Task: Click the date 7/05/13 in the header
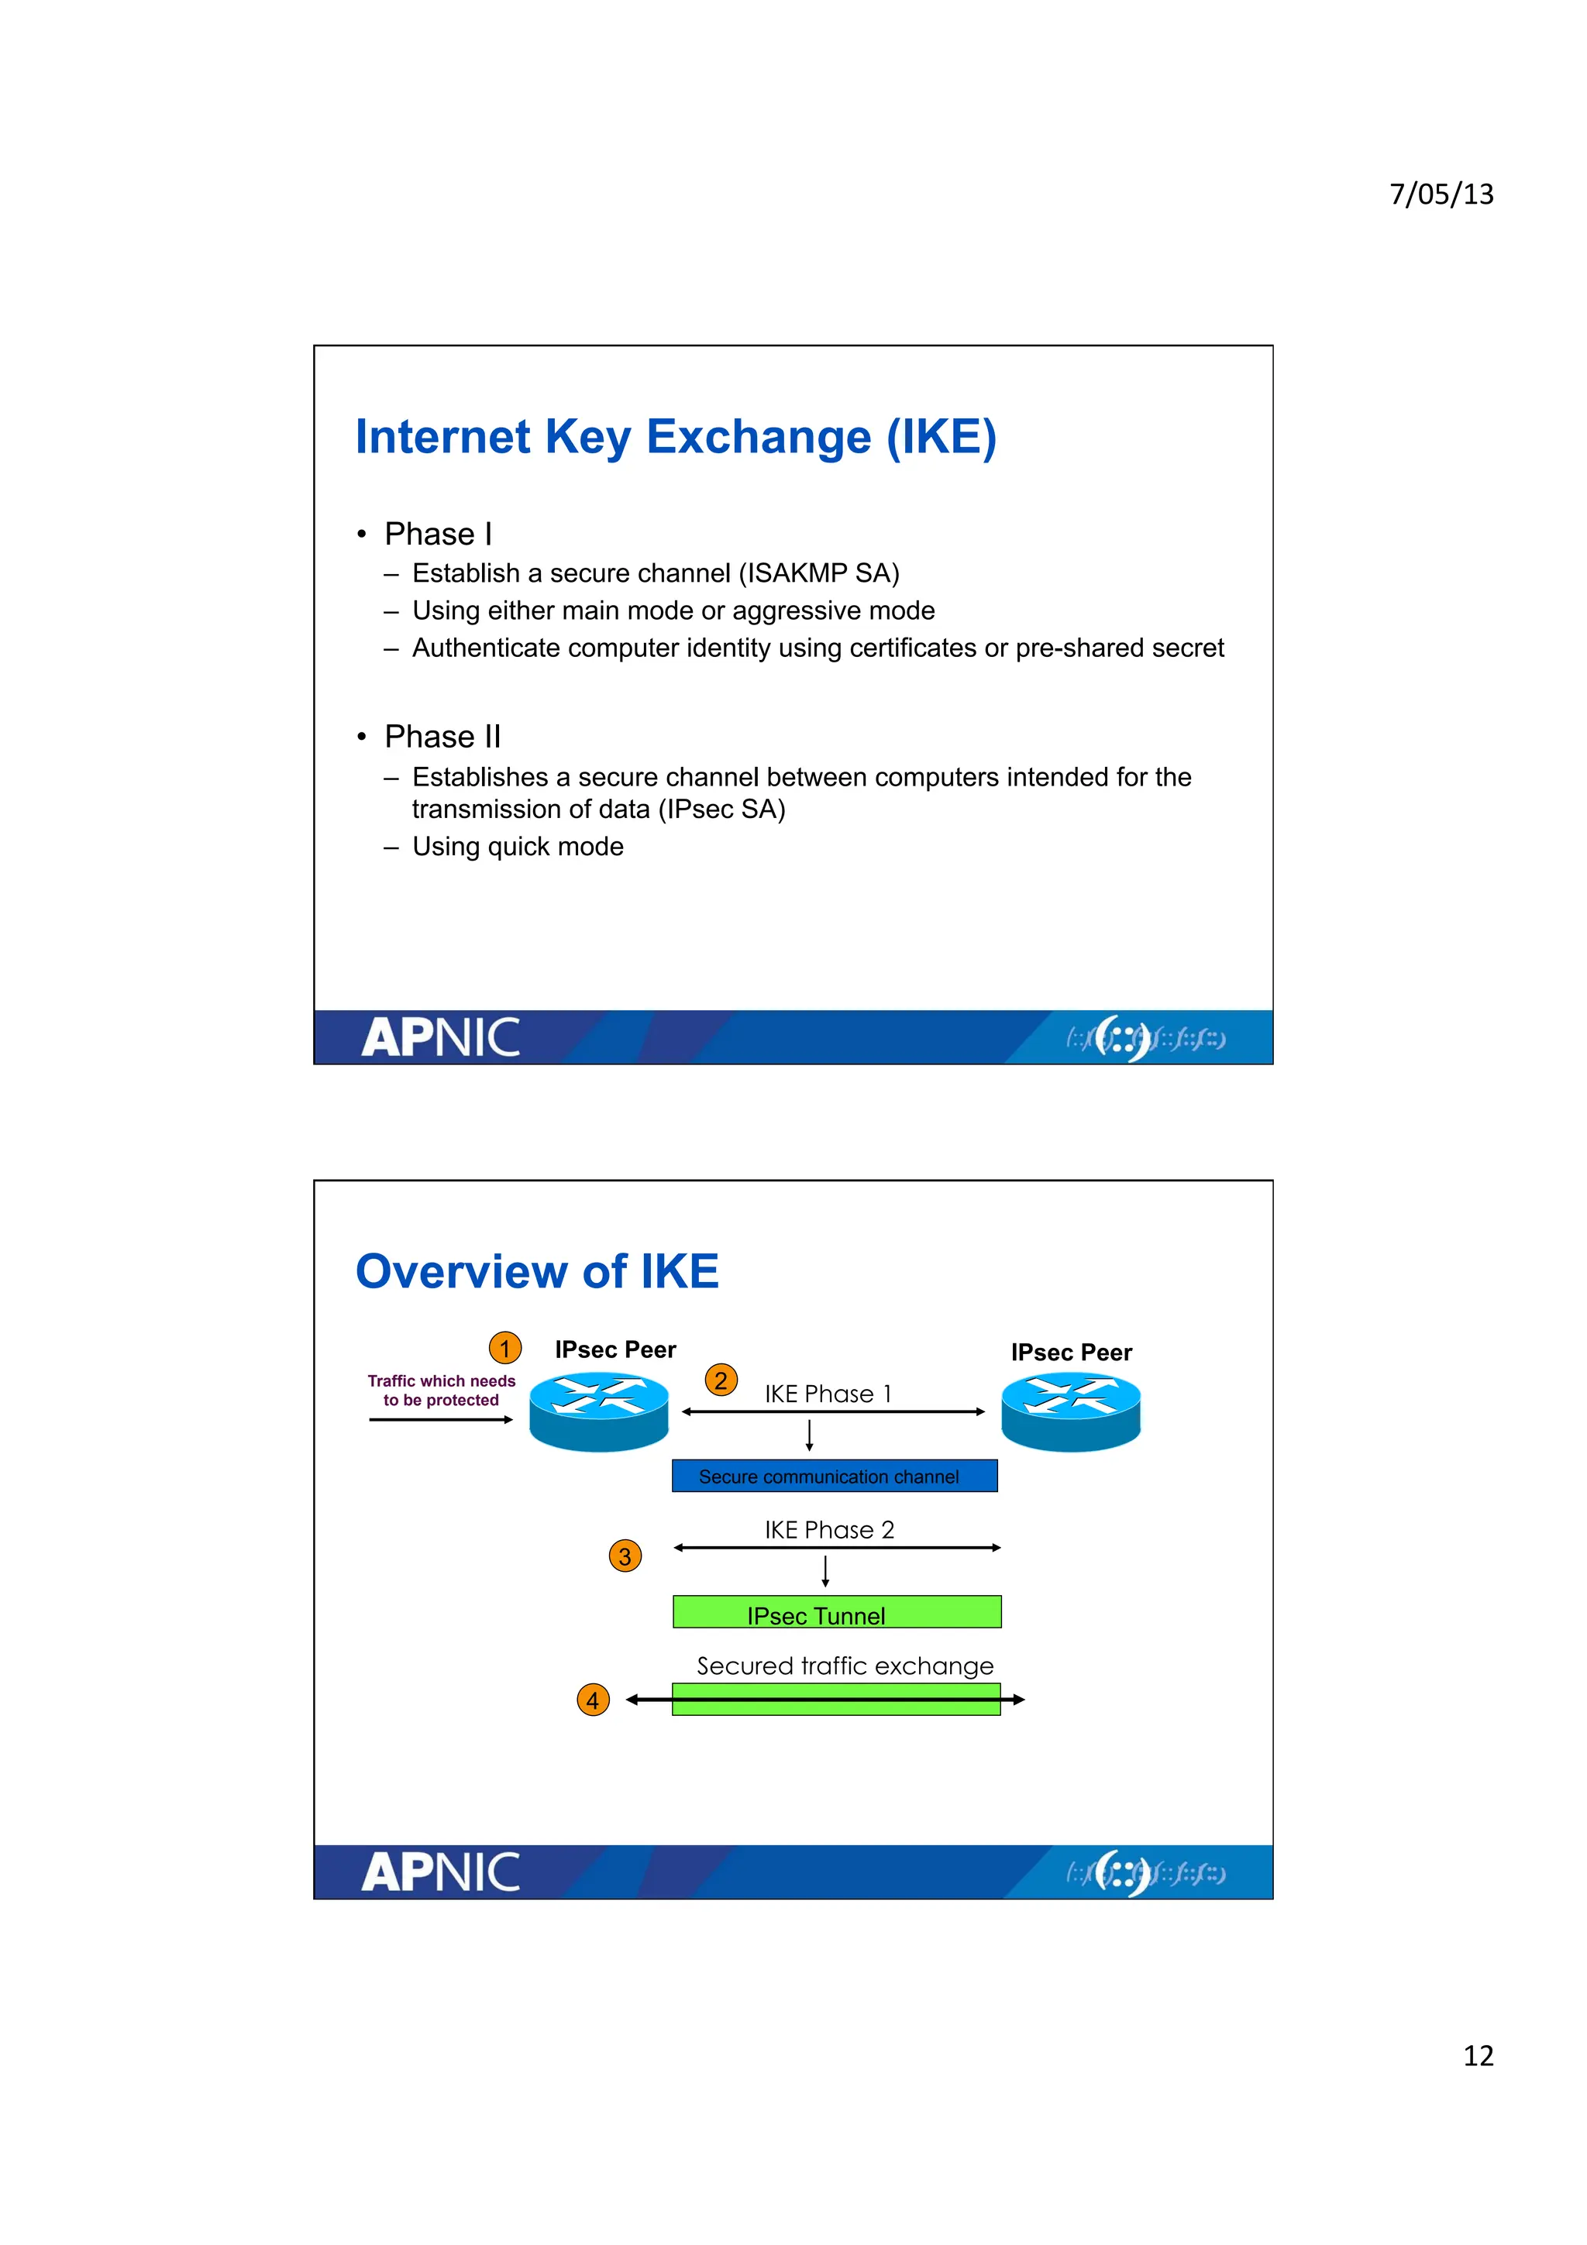coord(1441,194)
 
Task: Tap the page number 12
coord(1478,2055)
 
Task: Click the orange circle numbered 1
coord(504,1349)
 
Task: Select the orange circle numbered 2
coord(721,1380)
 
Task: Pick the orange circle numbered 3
coord(625,1556)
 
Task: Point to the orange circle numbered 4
coord(593,1700)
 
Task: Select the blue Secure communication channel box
coord(834,1476)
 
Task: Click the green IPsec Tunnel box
coord(836,1611)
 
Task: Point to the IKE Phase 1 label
coord(828,1394)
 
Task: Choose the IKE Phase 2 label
coord(829,1529)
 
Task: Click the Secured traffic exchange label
coord(845,1666)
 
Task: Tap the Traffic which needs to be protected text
coord(441,1391)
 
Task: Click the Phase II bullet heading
coord(442,736)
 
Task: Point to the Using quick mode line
coord(518,847)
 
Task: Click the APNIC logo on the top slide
coord(440,1037)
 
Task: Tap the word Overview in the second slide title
coord(460,1271)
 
